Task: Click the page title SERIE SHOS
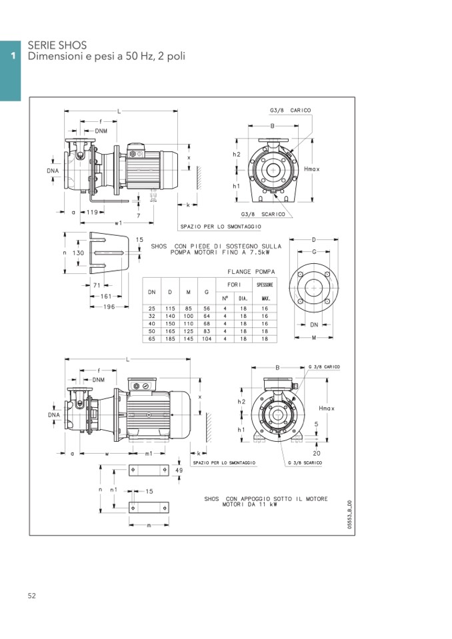pyautogui.click(x=57, y=45)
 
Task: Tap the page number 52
pyautogui.click(x=32, y=596)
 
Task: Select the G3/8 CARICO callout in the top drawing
pyautogui.click(x=290, y=111)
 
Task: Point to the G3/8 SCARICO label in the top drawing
pyautogui.click(x=263, y=215)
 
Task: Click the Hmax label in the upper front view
pyautogui.click(x=312, y=169)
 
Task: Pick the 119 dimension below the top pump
pyautogui.click(x=92, y=212)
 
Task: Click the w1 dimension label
pyautogui.click(x=118, y=223)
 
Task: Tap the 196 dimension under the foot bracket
pyautogui.click(x=109, y=307)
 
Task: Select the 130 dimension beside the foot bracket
pyautogui.click(x=78, y=253)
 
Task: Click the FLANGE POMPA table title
pyautogui.click(x=251, y=271)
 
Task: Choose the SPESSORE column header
pyautogui.click(x=265, y=285)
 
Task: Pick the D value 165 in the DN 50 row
pyautogui.click(x=170, y=331)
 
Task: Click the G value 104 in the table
pyautogui.click(x=207, y=338)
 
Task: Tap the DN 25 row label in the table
pyautogui.click(x=151, y=309)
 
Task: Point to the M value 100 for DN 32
pyautogui.click(x=188, y=316)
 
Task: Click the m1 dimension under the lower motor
pyautogui.click(x=149, y=453)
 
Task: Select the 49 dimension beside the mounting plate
pyautogui.click(x=179, y=470)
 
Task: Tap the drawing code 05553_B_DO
pyautogui.click(x=350, y=514)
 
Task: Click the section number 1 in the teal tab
pyautogui.click(x=13, y=56)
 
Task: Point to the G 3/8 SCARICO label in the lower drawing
pyautogui.click(x=305, y=463)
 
